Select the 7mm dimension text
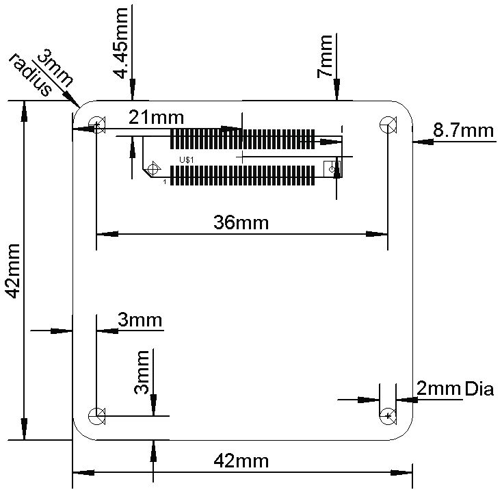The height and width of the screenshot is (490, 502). [326, 56]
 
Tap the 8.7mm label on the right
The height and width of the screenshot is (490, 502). [464, 129]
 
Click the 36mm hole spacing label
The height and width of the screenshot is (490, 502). [241, 222]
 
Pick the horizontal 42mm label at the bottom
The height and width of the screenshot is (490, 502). [241, 460]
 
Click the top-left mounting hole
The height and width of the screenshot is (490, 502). [96, 125]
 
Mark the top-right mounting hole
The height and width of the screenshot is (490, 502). [388, 125]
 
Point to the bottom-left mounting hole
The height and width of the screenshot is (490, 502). [96, 415]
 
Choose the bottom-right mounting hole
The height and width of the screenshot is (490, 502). [388, 415]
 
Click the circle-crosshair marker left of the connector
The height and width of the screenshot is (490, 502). [153, 168]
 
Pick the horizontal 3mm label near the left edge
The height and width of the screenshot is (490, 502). [140, 320]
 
